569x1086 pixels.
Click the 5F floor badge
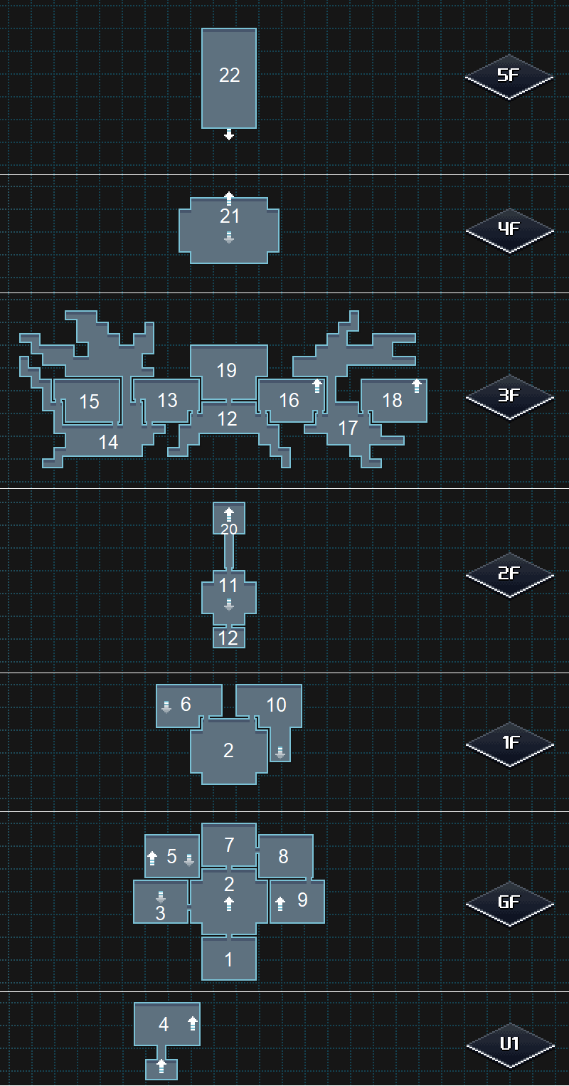click(509, 75)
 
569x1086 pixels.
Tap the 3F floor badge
click(509, 396)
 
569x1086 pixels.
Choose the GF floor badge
click(509, 903)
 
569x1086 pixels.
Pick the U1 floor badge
click(509, 1045)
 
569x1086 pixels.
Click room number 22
click(229, 75)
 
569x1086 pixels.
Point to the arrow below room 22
click(229, 135)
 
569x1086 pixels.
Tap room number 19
click(227, 371)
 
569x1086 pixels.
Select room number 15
click(89, 402)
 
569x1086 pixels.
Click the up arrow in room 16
click(317, 386)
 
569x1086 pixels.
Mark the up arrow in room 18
click(417, 386)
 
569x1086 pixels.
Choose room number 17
click(348, 428)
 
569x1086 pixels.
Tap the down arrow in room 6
click(166, 707)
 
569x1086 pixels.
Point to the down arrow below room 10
click(280, 753)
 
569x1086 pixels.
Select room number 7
click(229, 845)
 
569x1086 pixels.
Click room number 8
click(283, 857)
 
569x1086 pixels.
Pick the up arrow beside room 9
click(280, 904)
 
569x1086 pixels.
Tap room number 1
click(229, 960)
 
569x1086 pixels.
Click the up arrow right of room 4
click(192, 1024)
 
